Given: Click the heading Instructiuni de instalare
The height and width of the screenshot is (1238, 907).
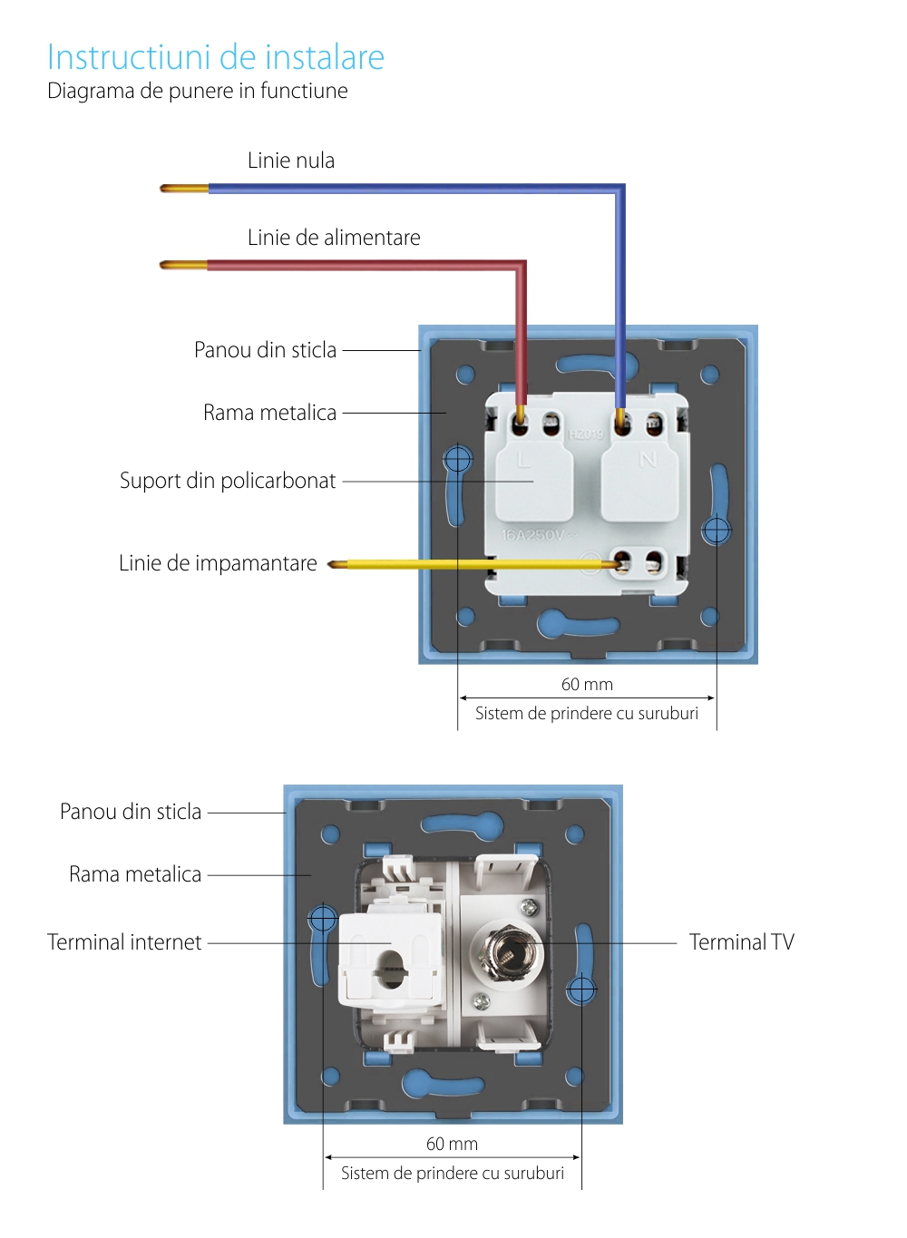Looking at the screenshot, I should [216, 57].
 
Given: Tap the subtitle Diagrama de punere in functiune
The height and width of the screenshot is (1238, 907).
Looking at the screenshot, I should [198, 91].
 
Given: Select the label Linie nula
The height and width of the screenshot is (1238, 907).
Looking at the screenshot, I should [291, 161].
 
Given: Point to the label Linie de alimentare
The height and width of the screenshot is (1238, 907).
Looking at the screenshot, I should [334, 238].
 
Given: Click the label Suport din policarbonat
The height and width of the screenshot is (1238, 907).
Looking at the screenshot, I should [228, 481].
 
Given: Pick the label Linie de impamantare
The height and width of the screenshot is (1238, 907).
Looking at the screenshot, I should [218, 563].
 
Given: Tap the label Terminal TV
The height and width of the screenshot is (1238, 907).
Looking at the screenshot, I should [741, 942].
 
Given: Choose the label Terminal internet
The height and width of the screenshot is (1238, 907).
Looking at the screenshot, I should [124, 942].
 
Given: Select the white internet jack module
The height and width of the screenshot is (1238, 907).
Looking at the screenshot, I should [390, 959].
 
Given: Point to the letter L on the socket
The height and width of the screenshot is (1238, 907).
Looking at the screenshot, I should [523, 460].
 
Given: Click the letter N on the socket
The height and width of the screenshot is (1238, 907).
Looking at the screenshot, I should [648, 460].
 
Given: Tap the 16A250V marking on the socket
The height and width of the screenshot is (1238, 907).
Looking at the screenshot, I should [533, 535].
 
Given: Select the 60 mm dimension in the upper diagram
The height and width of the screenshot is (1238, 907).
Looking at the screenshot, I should [587, 685].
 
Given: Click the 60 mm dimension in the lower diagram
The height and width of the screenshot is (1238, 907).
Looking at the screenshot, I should [452, 1145].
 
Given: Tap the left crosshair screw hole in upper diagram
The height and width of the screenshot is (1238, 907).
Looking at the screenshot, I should [458, 459].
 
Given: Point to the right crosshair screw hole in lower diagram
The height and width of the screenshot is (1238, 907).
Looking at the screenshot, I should [581, 989].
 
